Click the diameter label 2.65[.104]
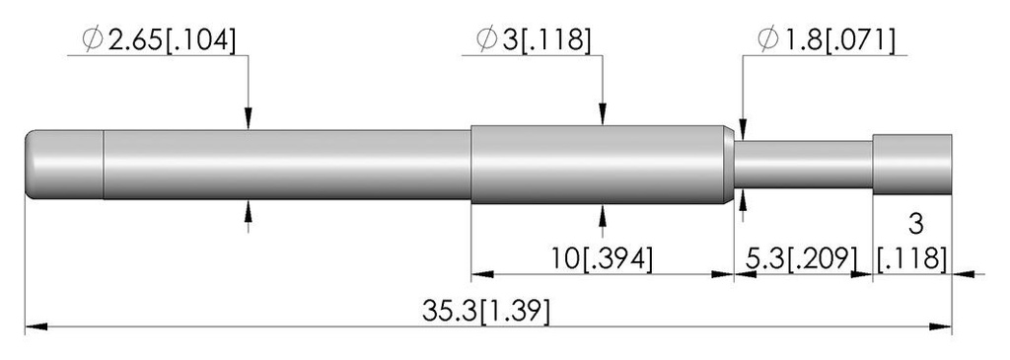point(171,40)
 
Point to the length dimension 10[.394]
point(602,258)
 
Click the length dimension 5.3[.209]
point(802,258)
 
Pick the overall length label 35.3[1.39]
point(486,312)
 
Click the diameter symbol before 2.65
point(93,40)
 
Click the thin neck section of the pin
point(803,165)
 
